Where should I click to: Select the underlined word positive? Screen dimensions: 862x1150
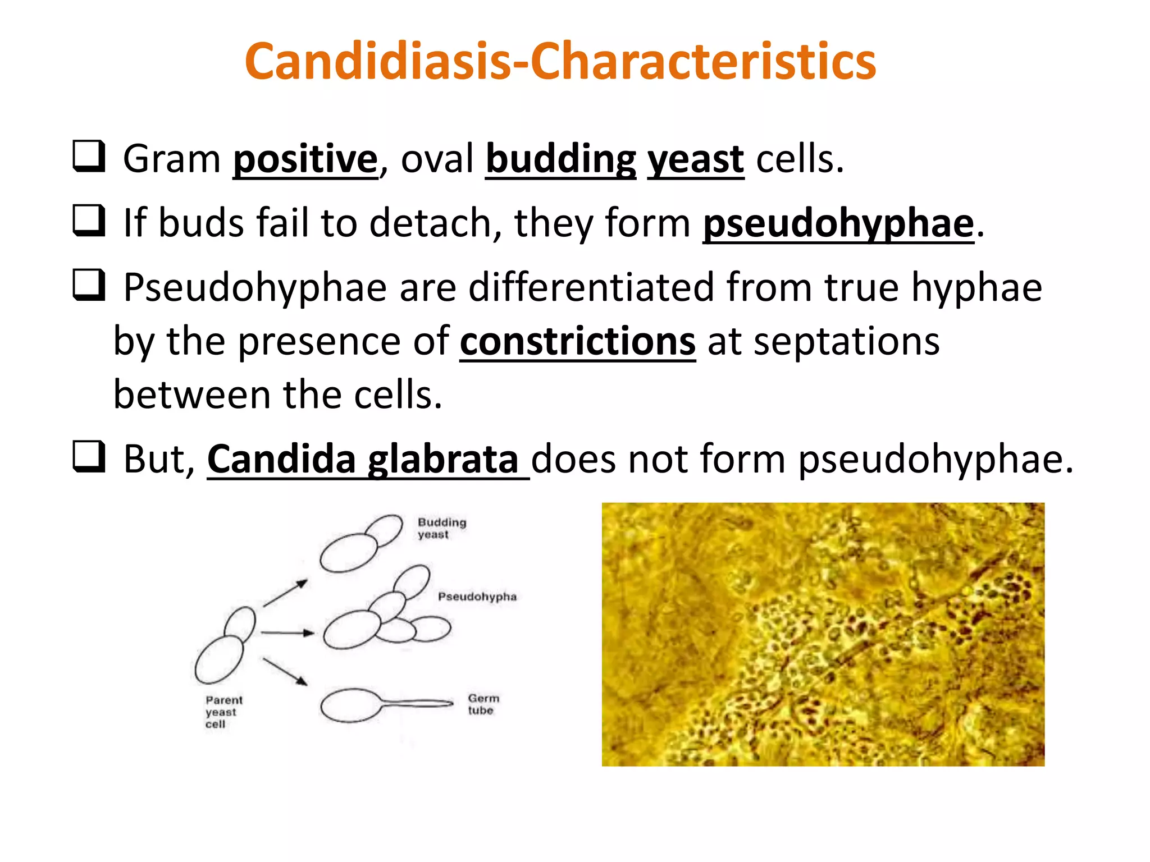pos(305,159)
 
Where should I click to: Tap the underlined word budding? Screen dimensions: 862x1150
pos(560,159)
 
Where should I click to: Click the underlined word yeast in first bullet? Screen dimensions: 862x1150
pos(695,159)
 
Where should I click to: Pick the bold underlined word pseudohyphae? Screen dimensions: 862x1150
pos(838,223)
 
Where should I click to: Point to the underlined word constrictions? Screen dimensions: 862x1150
pos(578,341)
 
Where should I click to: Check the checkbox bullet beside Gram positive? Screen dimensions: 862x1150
pos(89,156)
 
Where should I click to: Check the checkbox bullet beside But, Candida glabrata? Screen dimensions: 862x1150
pos(89,456)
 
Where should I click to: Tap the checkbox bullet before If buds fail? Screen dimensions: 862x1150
pos(89,220)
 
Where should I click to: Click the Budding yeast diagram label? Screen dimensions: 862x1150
pos(441,528)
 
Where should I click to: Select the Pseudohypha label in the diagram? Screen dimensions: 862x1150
pos(477,597)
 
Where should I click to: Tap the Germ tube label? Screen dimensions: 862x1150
pos(483,704)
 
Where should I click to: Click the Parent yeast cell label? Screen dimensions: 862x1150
pos(223,712)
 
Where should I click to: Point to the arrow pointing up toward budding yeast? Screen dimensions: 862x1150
pos(285,593)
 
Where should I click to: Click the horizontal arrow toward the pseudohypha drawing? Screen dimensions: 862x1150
pos(287,633)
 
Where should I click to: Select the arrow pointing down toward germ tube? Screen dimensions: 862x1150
pos(285,672)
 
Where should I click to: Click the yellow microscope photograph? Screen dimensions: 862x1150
pos(823,634)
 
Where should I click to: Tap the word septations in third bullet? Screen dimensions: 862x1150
pos(846,341)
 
